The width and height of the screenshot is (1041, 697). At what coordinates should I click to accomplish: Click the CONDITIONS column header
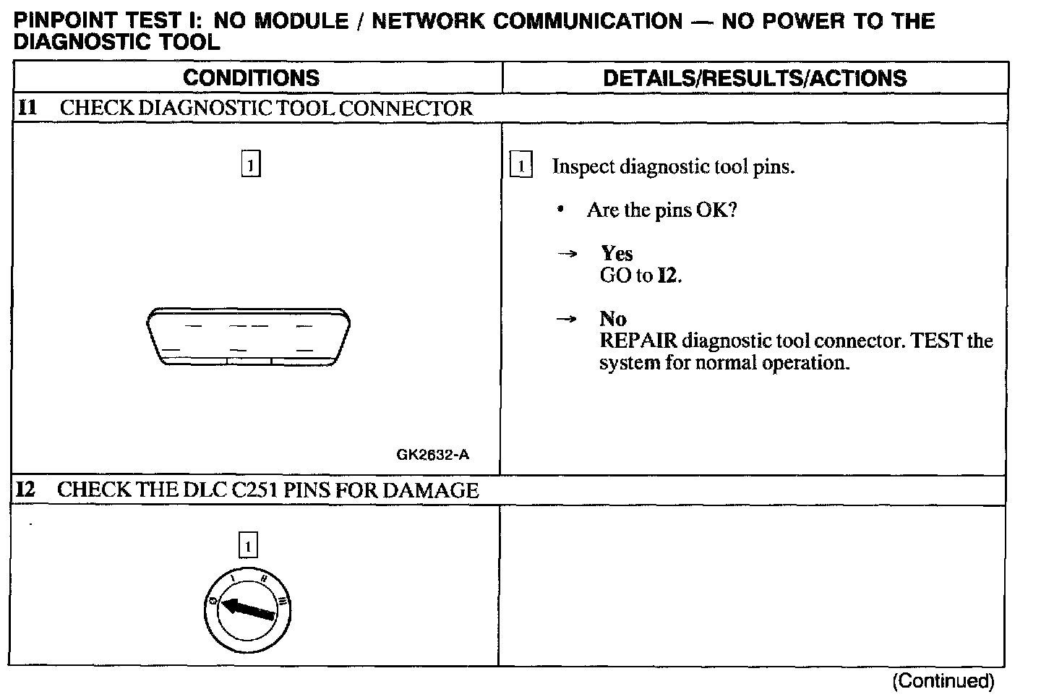coord(251,78)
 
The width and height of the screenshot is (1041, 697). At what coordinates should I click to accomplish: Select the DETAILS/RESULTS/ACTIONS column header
coord(755,78)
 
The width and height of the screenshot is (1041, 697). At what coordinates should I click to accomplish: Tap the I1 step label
coord(27,108)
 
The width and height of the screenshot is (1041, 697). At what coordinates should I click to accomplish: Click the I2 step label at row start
coord(25,490)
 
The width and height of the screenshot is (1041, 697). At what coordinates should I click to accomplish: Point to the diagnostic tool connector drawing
coord(248,337)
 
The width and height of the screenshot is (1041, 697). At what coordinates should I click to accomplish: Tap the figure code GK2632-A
coord(432,455)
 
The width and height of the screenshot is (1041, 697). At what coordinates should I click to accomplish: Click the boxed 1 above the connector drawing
coord(250,165)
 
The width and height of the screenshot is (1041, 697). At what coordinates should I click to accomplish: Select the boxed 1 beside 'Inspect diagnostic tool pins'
coord(520,166)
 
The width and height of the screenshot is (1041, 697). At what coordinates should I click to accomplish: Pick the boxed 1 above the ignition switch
coord(247,545)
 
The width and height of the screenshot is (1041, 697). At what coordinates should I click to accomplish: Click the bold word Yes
coord(617,253)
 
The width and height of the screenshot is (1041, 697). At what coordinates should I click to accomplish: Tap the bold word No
coord(613,319)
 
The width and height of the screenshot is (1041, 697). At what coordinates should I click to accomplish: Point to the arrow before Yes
coord(568,254)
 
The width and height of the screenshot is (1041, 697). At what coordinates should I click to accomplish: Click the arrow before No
coord(568,319)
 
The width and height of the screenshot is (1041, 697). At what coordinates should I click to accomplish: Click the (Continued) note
coord(943,680)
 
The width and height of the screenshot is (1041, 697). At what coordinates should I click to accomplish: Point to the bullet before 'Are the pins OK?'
coord(560,210)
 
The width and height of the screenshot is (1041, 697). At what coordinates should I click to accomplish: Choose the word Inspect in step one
coord(578,167)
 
